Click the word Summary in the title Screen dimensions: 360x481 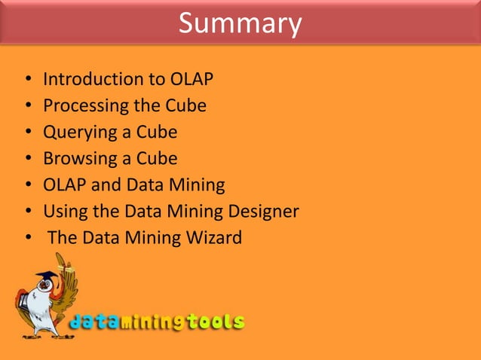pyautogui.click(x=240, y=23)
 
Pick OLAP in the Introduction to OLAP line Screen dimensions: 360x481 pyautogui.click(x=191, y=79)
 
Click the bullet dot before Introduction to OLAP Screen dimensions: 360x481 pyautogui.click(x=27, y=80)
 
